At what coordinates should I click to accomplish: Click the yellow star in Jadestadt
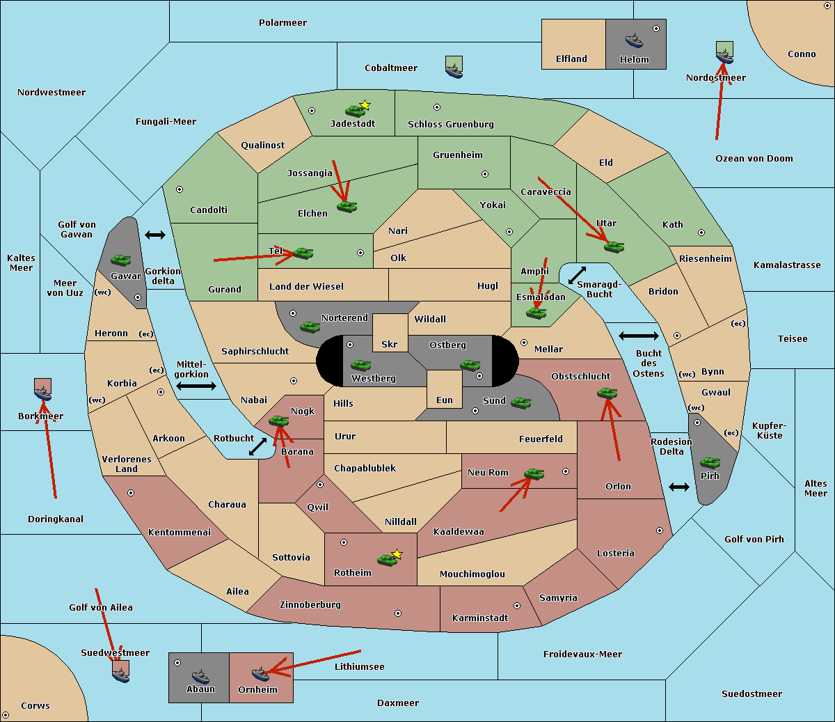(x=365, y=105)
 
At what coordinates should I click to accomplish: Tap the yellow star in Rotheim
(x=397, y=554)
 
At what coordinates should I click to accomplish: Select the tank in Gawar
(x=121, y=260)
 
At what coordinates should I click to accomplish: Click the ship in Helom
(x=634, y=40)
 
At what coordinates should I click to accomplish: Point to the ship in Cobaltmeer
(x=454, y=69)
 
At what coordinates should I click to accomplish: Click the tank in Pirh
(x=710, y=462)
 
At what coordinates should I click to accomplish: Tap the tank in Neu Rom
(x=534, y=473)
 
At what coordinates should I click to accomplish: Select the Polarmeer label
(x=283, y=23)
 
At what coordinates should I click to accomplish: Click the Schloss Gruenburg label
(x=450, y=125)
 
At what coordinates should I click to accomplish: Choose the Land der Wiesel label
(x=306, y=286)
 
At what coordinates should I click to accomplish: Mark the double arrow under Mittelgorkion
(x=196, y=386)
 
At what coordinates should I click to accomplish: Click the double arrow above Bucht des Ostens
(x=638, y=336)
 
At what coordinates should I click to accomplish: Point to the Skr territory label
(x=390, y=344)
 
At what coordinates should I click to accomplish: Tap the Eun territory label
(x=445, y=400)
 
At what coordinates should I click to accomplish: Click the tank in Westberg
(x=360, y=365)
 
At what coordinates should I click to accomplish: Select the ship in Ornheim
(x=261, y=673)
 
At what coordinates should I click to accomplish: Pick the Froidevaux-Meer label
(x=582, y=654)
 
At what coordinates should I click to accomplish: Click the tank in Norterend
(x=310, y=327)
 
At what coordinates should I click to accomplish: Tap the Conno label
(x=802, y=54)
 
